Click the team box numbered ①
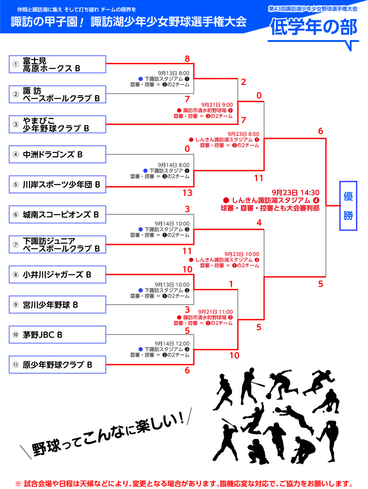point(57,64)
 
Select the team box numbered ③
point(57,124)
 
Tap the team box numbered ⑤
point(57,184)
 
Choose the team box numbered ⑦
point(57,244)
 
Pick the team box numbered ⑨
point(57,305)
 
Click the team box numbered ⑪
point(57,365)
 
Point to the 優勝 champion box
point(348,206)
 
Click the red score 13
point(187,193)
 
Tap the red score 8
point(187,59)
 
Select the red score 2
point(244,82)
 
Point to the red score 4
point(259,223)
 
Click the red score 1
point(231,284)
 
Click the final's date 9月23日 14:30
point(295,193)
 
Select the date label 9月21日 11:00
point(215,312)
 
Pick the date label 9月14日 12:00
point(172,343)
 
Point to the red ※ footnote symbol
point(18,483)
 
